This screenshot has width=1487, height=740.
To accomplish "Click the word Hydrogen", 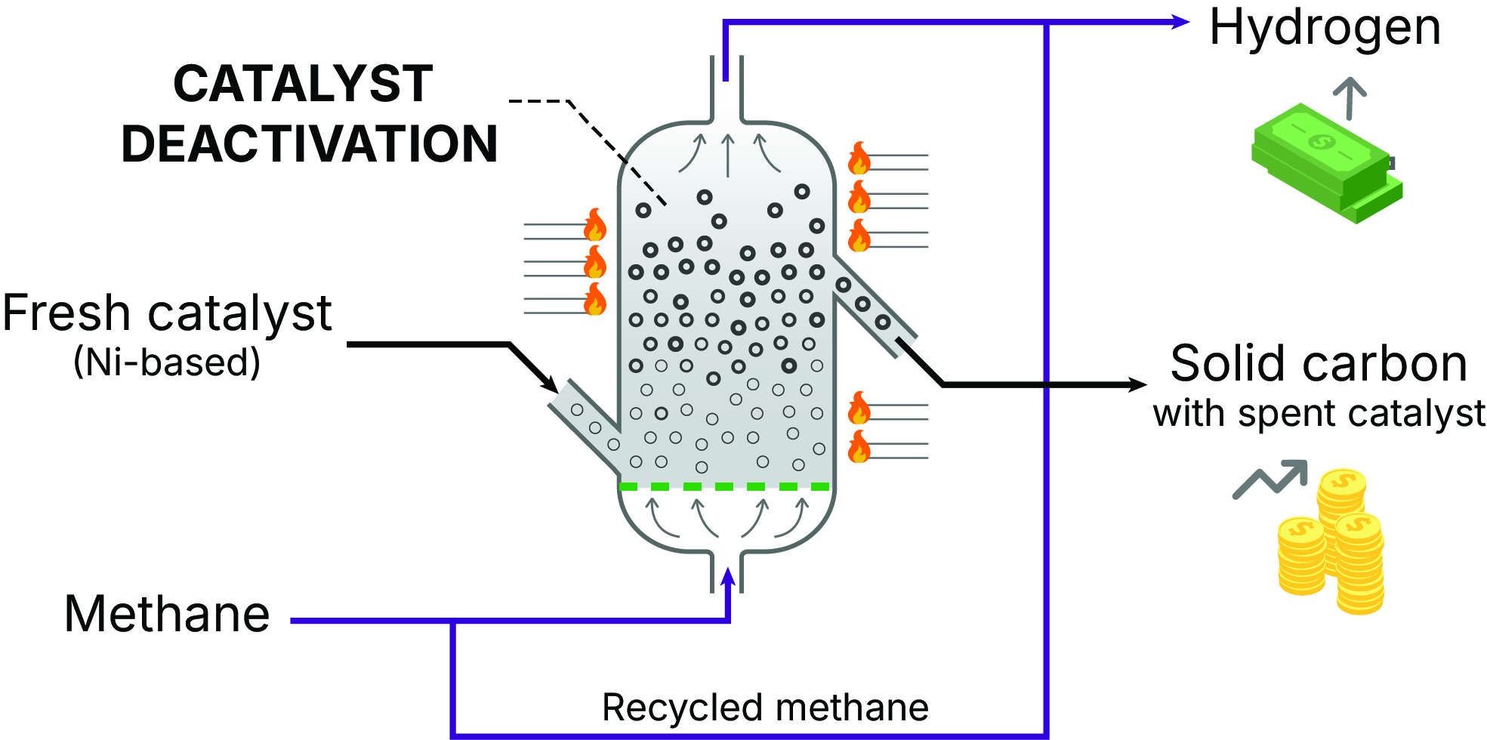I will (1325, 29).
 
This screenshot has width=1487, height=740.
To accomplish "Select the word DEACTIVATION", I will (310, 143).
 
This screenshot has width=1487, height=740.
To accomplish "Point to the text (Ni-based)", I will (167, 362).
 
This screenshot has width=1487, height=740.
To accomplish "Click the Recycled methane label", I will (765, 708).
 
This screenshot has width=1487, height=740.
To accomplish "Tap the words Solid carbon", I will (1319, 364).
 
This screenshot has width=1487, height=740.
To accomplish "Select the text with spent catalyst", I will (1319, 414).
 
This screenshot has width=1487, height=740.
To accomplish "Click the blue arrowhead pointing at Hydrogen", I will (1180, 22).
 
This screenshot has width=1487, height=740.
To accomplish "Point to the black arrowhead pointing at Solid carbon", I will (1137, 385).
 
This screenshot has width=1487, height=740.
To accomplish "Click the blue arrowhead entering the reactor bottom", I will (728, 578).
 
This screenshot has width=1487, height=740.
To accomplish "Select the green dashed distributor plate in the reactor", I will (724, 487).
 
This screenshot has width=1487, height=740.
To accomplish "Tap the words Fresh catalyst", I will (167, 313).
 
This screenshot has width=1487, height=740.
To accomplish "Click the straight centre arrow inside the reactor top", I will (728, 155).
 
